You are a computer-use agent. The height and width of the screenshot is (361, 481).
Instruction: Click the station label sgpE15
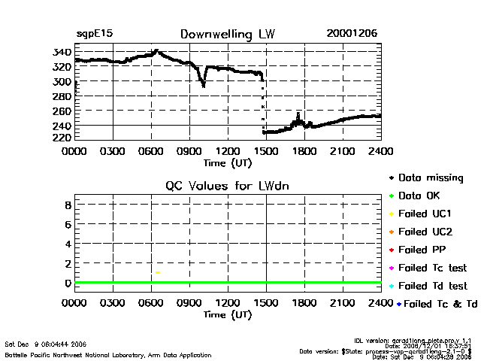pyautogui.click(x=95, y=34)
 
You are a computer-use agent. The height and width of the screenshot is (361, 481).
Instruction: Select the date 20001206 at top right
pyautogui.click(x=352, y=34)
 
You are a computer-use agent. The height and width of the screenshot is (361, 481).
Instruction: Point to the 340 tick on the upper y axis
pyautogui.click(x=62, y=52)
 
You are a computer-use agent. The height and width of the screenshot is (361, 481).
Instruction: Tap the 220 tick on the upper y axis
pyautogui.click(x=62, y=139)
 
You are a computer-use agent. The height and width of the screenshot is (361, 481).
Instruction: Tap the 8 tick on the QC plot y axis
pyautogui.click(x=67, y=205)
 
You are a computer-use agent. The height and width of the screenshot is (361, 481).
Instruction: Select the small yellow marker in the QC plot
pyautogui.click(x=158, y=272)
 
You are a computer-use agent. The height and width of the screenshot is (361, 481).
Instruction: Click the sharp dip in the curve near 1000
pyautogui.click(x=203, y=85)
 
